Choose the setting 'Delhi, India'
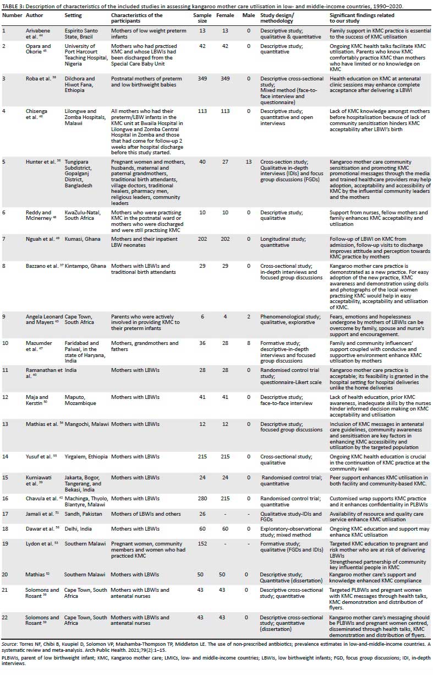coord(72,528)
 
